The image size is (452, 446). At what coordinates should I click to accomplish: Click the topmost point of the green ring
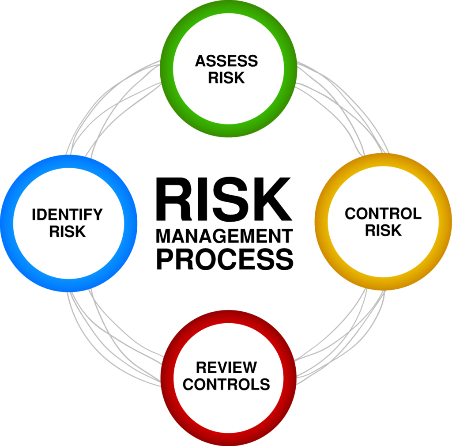(x=228, y=0)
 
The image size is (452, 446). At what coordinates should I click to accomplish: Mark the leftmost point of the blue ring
(x=0, y=223)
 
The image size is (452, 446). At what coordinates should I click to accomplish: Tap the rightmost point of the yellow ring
(x=452, y=221)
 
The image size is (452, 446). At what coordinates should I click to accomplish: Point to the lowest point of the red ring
(x=229, y=446)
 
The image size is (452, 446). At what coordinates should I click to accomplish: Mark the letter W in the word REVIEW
(x=248, y=367)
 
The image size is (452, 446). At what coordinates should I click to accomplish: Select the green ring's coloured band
(x=229, y=6)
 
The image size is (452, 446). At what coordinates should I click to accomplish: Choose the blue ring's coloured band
(x=7, y=223)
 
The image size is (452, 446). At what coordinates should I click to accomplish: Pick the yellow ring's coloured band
(x=445, y=221)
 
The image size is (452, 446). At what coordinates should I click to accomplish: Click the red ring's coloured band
(x=229, y=439)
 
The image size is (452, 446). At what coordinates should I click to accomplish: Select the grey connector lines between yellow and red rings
(x=340, y=337)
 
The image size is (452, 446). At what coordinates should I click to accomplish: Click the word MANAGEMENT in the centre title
(x=224, y=236)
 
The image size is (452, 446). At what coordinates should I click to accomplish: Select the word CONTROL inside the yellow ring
(x=383, y=214)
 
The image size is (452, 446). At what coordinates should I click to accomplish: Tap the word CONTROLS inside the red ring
(x=226, y=384)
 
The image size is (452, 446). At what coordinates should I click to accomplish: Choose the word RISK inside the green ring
(x=226, y=78)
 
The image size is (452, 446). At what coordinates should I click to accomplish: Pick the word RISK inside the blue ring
(x=68, y=231)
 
